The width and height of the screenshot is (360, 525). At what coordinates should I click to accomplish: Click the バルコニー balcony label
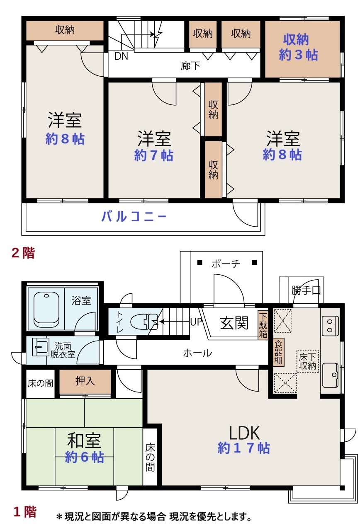pos(134,216)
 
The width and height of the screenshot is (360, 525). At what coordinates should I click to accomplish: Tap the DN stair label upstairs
pos(121,56)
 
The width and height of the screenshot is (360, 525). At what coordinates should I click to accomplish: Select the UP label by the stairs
pos(196,322)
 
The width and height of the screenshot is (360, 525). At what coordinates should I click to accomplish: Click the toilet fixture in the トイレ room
pos(144,322)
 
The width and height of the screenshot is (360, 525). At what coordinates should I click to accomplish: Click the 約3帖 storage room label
pos(298,55)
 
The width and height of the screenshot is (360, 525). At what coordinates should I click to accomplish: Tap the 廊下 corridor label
pos(190,65)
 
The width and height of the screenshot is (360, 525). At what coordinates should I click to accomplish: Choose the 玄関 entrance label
pos(234,323)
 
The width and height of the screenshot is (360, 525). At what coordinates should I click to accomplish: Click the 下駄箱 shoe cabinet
pos(263,325)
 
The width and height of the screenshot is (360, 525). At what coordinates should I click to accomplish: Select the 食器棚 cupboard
pos(279,352)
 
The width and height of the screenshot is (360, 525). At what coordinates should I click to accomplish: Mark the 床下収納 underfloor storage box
pos(308,361)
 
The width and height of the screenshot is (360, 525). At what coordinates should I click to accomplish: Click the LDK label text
pos(244,433)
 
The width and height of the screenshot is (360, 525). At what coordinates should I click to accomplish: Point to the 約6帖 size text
pos(84,457)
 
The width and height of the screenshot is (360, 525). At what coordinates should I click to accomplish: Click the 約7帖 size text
pos(153,155)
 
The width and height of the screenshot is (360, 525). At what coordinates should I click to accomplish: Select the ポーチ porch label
pos(226,264)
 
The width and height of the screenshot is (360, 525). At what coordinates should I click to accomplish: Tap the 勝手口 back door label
pos(306,290)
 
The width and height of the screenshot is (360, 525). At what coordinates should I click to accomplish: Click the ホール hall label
pos(197,353)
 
